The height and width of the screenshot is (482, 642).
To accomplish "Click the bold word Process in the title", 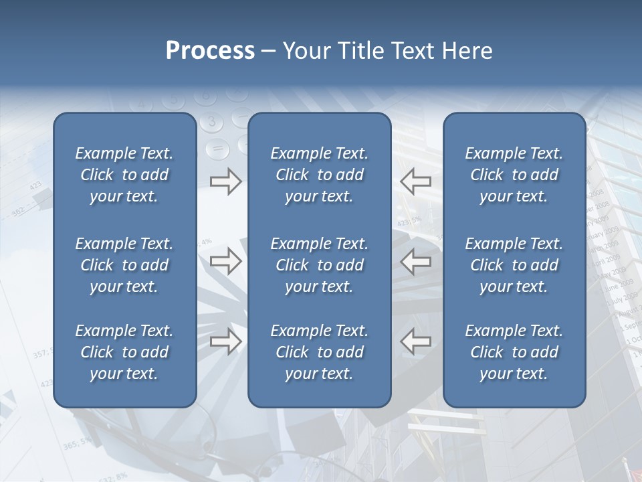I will pyautogui.click(x=210, y=51).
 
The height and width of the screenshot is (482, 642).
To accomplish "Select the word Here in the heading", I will pyautogui.click(x=466, y=51).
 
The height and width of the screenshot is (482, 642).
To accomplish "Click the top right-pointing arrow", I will pyautogui.click(x=226, y=181).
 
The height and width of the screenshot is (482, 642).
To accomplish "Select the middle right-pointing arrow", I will pyautogui.click(x=226, y=261).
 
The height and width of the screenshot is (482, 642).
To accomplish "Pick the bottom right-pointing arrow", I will pyautogui.click(x=226, y=341).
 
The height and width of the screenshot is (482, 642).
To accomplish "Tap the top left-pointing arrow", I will pyautogui.click(x=415, y=181).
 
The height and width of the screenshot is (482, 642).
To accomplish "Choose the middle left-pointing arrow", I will pyautogui.click(x=415, y=261).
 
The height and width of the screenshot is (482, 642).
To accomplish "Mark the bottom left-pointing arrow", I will pyautogui.click(x=415, y=341).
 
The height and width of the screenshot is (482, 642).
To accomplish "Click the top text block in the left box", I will pyautogui.click(x=124, y=175).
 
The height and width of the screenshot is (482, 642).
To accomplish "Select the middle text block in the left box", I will pyautogui.click(x=124, y=265).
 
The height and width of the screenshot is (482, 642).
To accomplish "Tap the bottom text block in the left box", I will pyautogui.click(x=124, y=352).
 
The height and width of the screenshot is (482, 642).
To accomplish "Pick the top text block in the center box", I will pyautogui.click(x=319, y=175).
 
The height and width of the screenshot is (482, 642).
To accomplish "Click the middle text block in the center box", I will pyautogui.click(x=319, y=265).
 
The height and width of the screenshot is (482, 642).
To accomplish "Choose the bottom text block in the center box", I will pyautogui.click(x=319, y=352).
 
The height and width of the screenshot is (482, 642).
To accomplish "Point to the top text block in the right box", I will pyautogui.click(x=514, y=175).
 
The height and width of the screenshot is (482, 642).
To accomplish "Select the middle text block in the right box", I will pyautogui.click(x=514, y=265).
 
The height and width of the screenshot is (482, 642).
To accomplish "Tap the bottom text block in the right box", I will pyautogui.click(x=514, y=352).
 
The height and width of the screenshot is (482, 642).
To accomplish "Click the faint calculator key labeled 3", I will pyautogui.click(x=212, y=122).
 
